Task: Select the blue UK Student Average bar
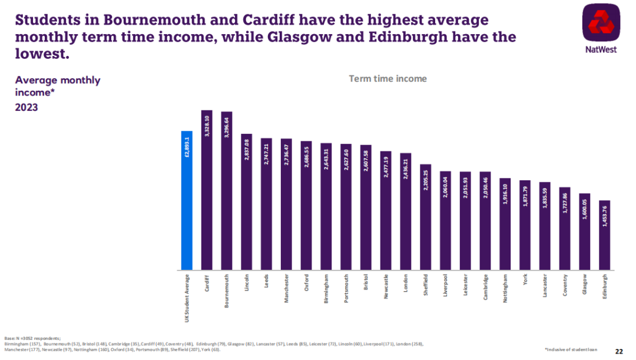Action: (x=187, y=200)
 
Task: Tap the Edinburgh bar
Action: (x=605, y=235)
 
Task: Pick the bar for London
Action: (x=406, y=212)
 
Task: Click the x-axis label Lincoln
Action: (x=247, y=281)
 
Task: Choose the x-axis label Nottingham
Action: (x=505, y=287)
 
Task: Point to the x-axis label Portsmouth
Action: (x=346, y=287)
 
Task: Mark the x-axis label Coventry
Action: (x=565, y=284)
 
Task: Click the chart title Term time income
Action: (x=387, y=78)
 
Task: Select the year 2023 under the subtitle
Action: (x=26, y=108)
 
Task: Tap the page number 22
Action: (x=619, y=352)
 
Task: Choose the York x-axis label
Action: (x=525, y=279)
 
